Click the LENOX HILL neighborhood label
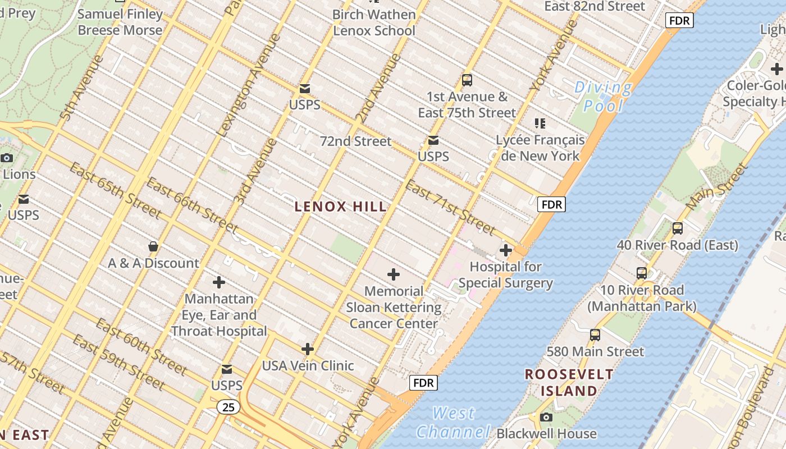pos(341,207)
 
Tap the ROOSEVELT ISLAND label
pos(561,382)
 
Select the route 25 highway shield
pos(229,407)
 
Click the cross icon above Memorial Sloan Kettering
pos(394,274)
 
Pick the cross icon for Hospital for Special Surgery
pos(506,250)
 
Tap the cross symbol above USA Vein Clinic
pos(308,349)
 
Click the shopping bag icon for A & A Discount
pos(153,246)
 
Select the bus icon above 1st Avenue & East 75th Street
pos(467,80)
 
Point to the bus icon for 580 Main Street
pos(595,335)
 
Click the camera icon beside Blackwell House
pos(546,417)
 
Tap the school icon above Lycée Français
pos(540,123)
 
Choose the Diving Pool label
pos(604,97)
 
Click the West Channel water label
pos(454,423)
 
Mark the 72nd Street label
pos(355,141)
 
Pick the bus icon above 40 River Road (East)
pos(678,228)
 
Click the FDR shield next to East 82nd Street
pos(679,21)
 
